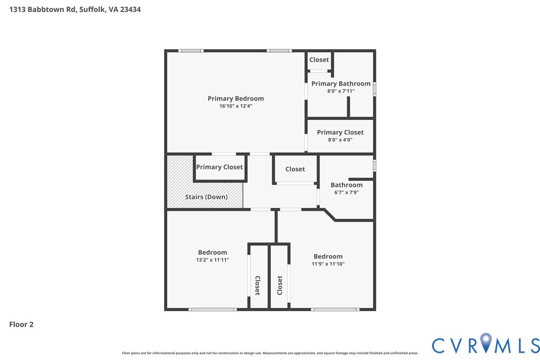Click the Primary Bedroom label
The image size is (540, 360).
coord(236,98)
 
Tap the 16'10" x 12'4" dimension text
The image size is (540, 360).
coord(236,106)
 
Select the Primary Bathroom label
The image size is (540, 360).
coord(341,84)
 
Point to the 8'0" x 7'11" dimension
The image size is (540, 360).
coord(341,91)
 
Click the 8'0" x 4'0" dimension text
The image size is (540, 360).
coord(340,140)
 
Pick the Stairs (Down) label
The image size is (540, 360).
coord(206,197)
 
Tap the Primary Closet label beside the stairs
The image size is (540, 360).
coord(219,167)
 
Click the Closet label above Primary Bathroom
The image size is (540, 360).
coord(319,60)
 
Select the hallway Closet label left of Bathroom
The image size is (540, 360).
coord(295,169)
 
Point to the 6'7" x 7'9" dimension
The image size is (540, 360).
coord(347,192)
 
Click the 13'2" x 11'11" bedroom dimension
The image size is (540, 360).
coord(212,260)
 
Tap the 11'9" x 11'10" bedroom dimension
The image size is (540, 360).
coord(328,264)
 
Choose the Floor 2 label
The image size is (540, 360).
coord(21,325)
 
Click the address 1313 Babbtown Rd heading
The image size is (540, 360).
coord(75,9)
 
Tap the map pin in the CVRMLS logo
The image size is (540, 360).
coord(486,342)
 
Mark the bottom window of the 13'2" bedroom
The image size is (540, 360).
coord(212,309)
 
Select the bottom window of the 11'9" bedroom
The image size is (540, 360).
coord(335,309)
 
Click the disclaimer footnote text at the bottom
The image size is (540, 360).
coord(270,353)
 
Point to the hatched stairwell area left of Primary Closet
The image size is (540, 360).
coord(180,181)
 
